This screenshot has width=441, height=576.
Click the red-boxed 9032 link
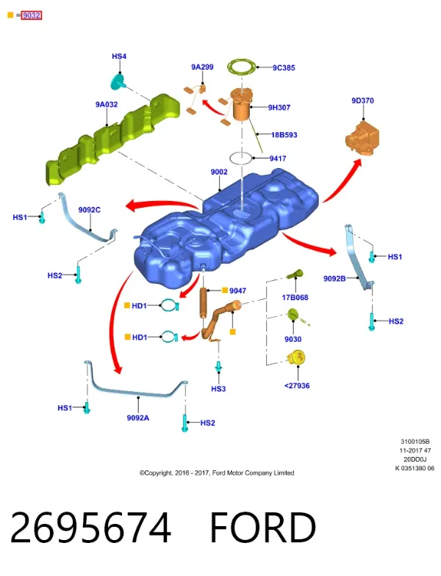(32, 15)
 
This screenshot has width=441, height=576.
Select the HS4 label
(119, 56)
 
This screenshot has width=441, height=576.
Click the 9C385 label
(284, 68)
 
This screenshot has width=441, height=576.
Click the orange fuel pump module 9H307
(240, 106)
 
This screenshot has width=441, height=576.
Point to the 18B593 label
(284, 135)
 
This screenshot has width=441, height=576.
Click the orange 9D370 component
(362, 139)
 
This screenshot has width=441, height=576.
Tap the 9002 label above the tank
(219, 172)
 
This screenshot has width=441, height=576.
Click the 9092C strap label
(90, 210)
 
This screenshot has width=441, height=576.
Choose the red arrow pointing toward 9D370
(343, 181)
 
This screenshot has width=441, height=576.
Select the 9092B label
(334, 278)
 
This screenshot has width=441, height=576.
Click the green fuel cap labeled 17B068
(295, 274)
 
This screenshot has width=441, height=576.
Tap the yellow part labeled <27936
(296, 358)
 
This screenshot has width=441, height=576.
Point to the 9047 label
(237, 291)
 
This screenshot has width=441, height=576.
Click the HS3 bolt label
(218, 389)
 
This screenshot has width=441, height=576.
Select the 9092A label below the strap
(138, 418)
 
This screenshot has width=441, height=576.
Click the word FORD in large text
(263, 528)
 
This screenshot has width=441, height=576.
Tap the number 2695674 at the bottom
(90, 528)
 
